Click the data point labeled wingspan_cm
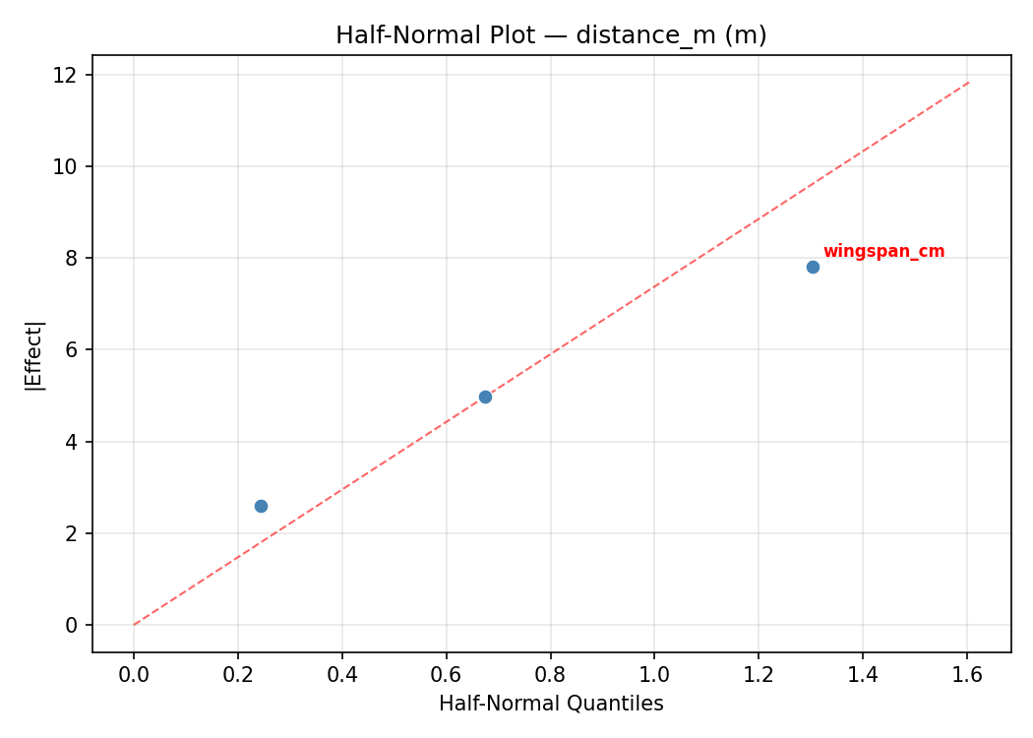pyautogui.click(x=813, y=267)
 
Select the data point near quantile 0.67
pyautogui.click(x=485, y=397)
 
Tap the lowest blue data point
pyautogui.click(x=261, y=506)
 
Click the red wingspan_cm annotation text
pyautogui.click(x=883, y=252)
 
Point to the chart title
pyautogui.click(x=551, y=35)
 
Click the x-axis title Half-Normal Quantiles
pyautogui.click(x=551, y=704)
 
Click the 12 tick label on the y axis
pyautogui.click(x=67, y=75)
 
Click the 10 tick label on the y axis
pyautogui.click(x=67, y=166)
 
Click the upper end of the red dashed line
pyautogui.click(x=968, y=83)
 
